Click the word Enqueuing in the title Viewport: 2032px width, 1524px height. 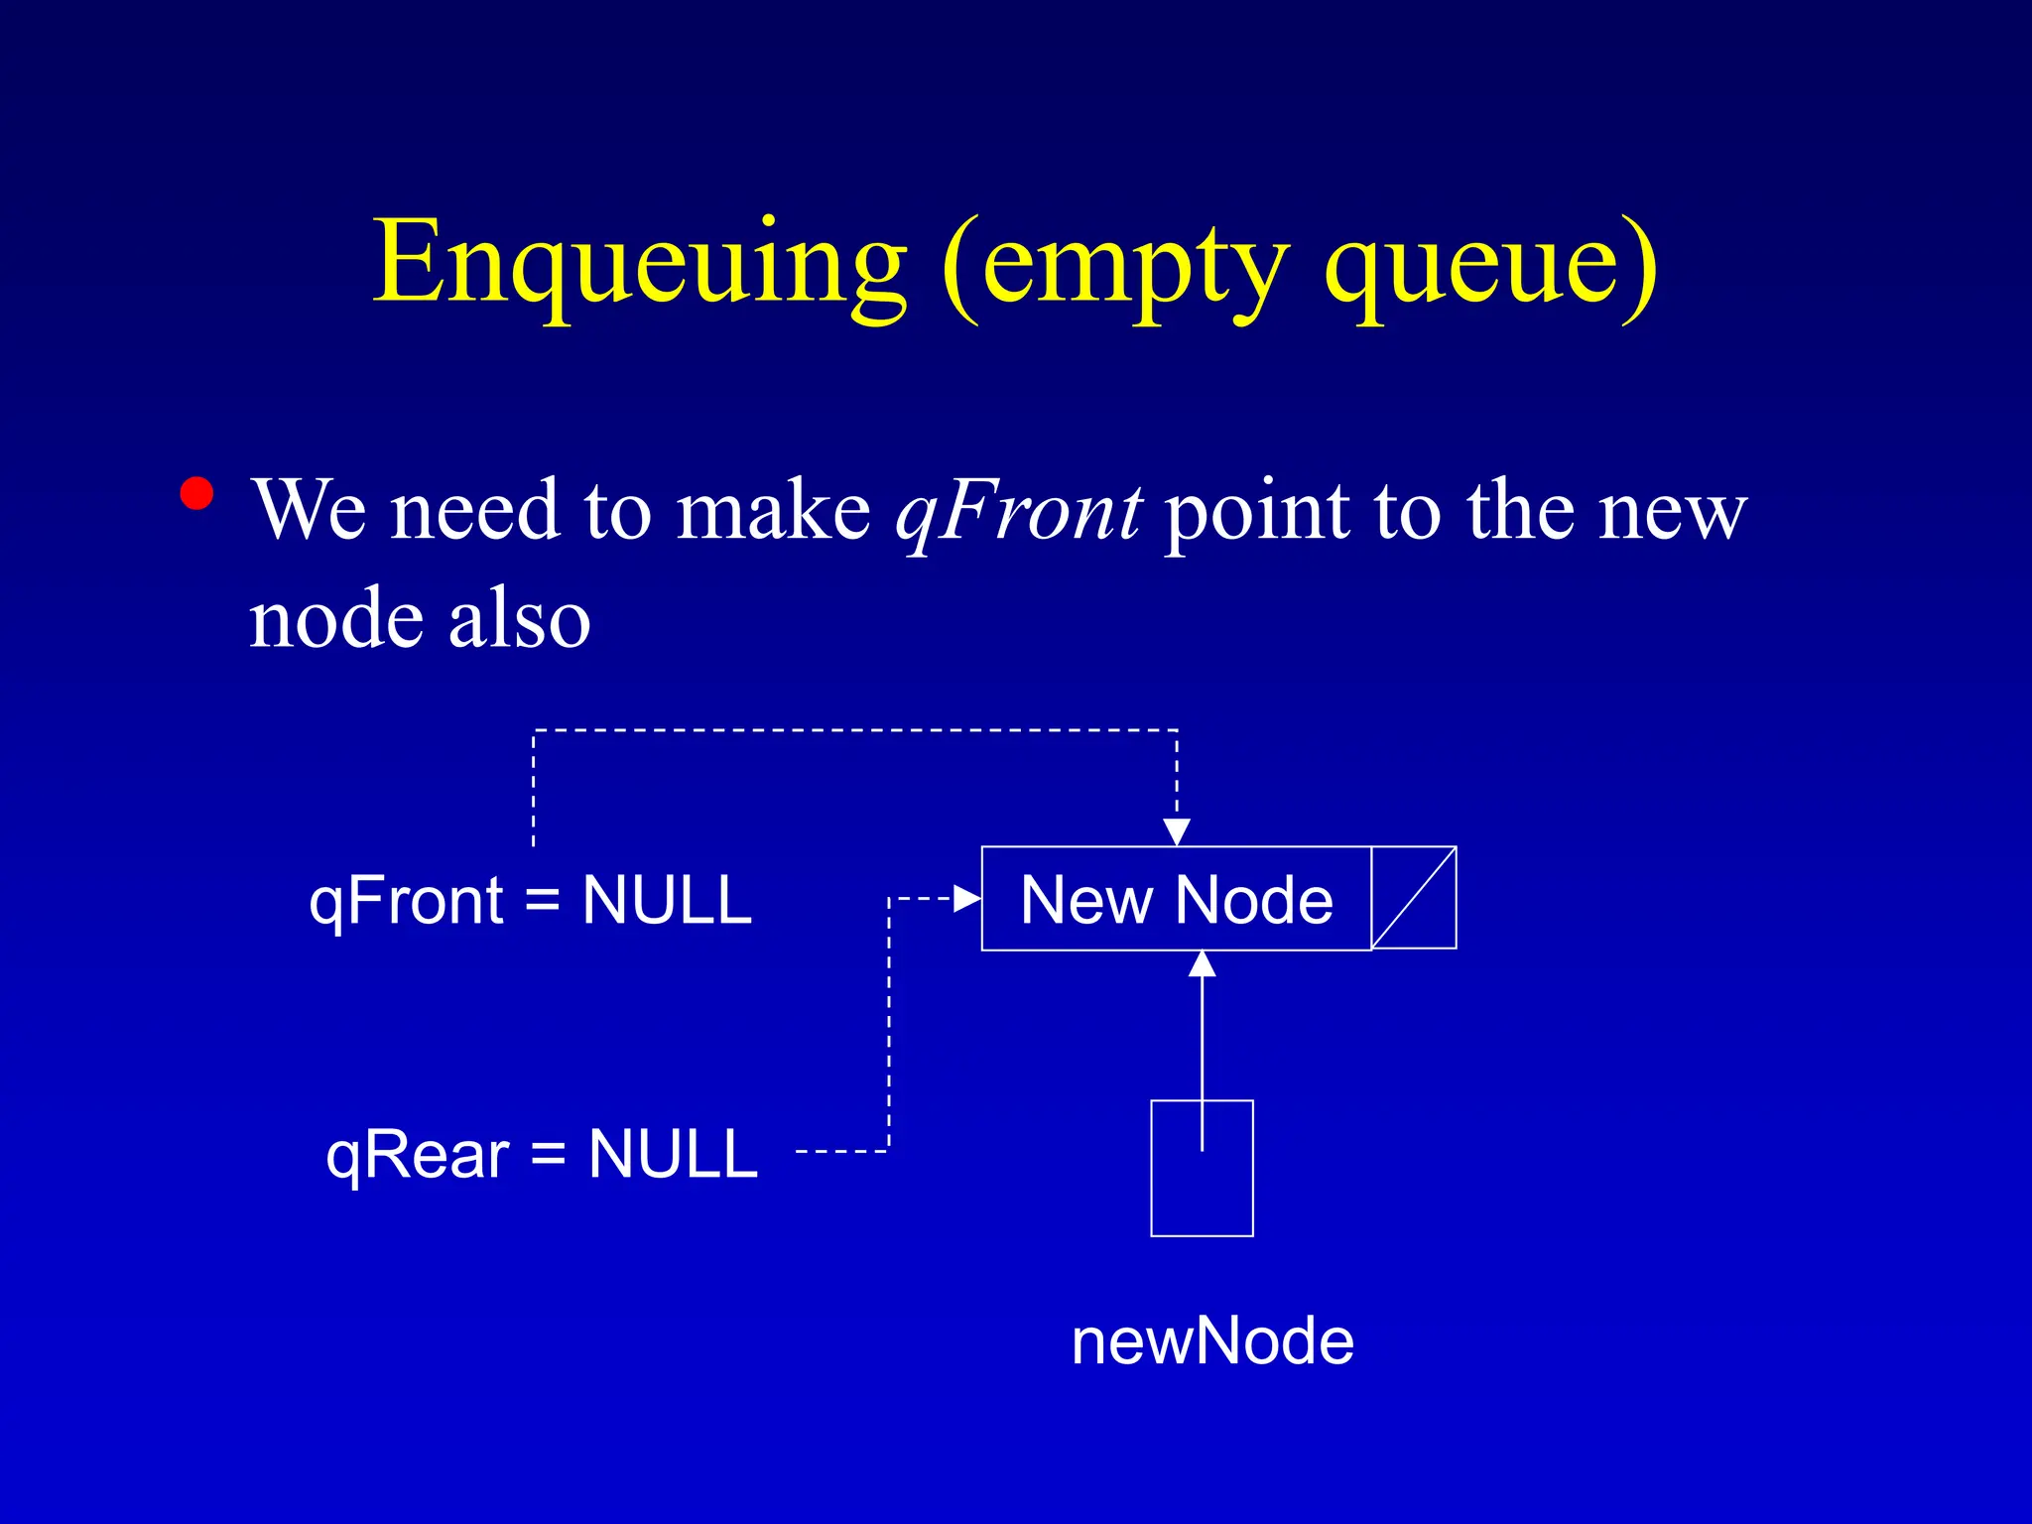coord(640,263)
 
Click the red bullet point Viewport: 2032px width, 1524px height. coord(197,494)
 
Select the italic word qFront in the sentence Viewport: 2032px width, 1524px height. coord(1018,512)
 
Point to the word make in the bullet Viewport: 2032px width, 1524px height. coord(773,512)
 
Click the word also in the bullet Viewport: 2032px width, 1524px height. coord(519,620)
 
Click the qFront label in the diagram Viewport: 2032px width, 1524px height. coord(407,901)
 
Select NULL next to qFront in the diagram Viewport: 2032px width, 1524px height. coord(667,901)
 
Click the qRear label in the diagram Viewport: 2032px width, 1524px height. coord(418,1155)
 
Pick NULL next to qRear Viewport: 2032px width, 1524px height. coord(673,1155)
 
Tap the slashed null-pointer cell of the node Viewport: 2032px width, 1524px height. coord(1414,898)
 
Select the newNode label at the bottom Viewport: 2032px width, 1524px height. coord(1212,1341)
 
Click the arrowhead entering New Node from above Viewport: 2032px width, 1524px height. coord(1177,832)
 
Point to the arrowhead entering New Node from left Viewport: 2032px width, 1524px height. coord(966,899)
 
